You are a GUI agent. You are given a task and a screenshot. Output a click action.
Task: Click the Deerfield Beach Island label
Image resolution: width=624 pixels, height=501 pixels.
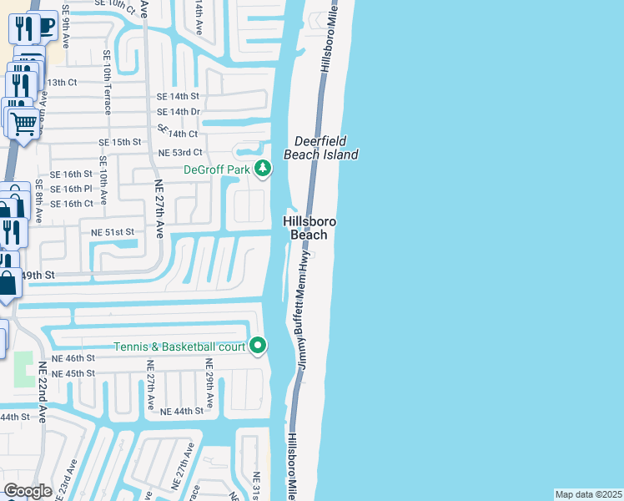[x=321, y=148]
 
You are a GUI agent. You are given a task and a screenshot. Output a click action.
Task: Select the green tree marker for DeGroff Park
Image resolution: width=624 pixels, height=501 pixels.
[x=264, y=170]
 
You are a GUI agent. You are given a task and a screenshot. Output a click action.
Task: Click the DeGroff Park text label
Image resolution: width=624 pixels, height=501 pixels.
[x=217, y=170]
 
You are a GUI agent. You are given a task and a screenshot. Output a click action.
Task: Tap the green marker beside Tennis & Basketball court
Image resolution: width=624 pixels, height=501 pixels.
[x=259, y=345]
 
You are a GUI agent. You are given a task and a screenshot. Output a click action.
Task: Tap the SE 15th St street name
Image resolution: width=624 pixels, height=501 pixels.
[x=120, y=143]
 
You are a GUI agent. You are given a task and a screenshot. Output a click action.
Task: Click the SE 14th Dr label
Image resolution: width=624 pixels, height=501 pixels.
[x=179, y=112]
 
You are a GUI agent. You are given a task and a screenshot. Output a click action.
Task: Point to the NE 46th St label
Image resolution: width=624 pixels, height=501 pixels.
[x=73, y=357]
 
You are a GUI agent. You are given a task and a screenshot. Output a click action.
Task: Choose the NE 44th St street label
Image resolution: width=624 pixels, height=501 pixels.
[x=182, y=412]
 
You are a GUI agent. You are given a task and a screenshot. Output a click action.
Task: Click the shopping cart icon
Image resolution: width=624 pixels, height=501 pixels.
[x=25, y=124]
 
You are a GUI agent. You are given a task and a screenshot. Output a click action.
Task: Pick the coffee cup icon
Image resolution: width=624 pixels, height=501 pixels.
[x=47, y=27]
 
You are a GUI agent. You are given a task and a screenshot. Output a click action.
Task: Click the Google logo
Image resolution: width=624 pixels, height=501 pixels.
[x=28, y=491]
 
